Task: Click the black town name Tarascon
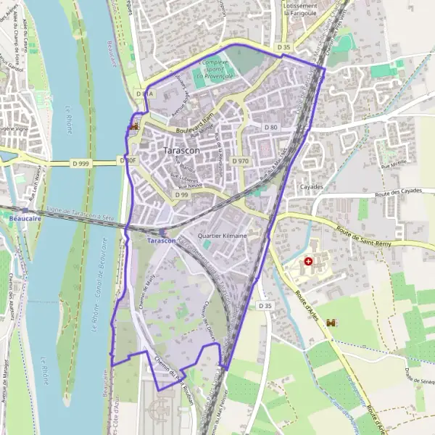[182, 150]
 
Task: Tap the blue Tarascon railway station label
[161, 240]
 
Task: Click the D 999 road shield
[80, 164]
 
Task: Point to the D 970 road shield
[241, 160]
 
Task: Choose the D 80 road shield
[271, 127]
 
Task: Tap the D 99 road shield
[181, 195]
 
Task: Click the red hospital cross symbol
[310, 260]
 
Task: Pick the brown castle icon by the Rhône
[133, 127]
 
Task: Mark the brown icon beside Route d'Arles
[332, 322]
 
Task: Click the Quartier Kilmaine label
[223, 236]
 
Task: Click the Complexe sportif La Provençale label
[213, 69]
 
